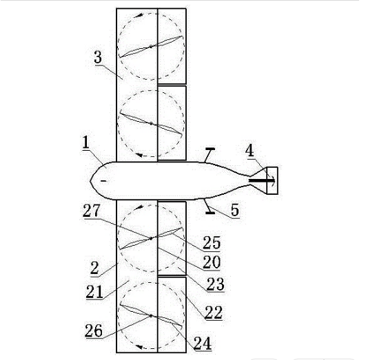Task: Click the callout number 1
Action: [x=86, y=142]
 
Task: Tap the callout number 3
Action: [x=98, y=57]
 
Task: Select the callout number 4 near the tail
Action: [x=250, y=151]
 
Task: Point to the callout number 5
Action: [x=235, y=210]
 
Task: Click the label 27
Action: [x=91, y=211]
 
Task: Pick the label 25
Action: [x=212, y=243]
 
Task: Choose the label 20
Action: [x=212, y=262]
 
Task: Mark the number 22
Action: [x=214, y=313]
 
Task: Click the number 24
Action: [x=203, y=343]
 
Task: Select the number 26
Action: [x=94, y=330]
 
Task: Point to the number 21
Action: [x=94, y=292]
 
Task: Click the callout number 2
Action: [x=94, y=268]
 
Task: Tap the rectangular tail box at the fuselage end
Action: [x=272, y=180]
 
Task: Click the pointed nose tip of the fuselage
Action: [x=90, y=181]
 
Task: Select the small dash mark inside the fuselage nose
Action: [x=104, y=181]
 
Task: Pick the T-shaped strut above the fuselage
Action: [x=210, y=155]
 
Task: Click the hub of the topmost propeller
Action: [x=151, y=47]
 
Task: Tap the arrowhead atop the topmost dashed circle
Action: [x=140, y=15]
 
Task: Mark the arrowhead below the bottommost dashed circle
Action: [x=139, y=347]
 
